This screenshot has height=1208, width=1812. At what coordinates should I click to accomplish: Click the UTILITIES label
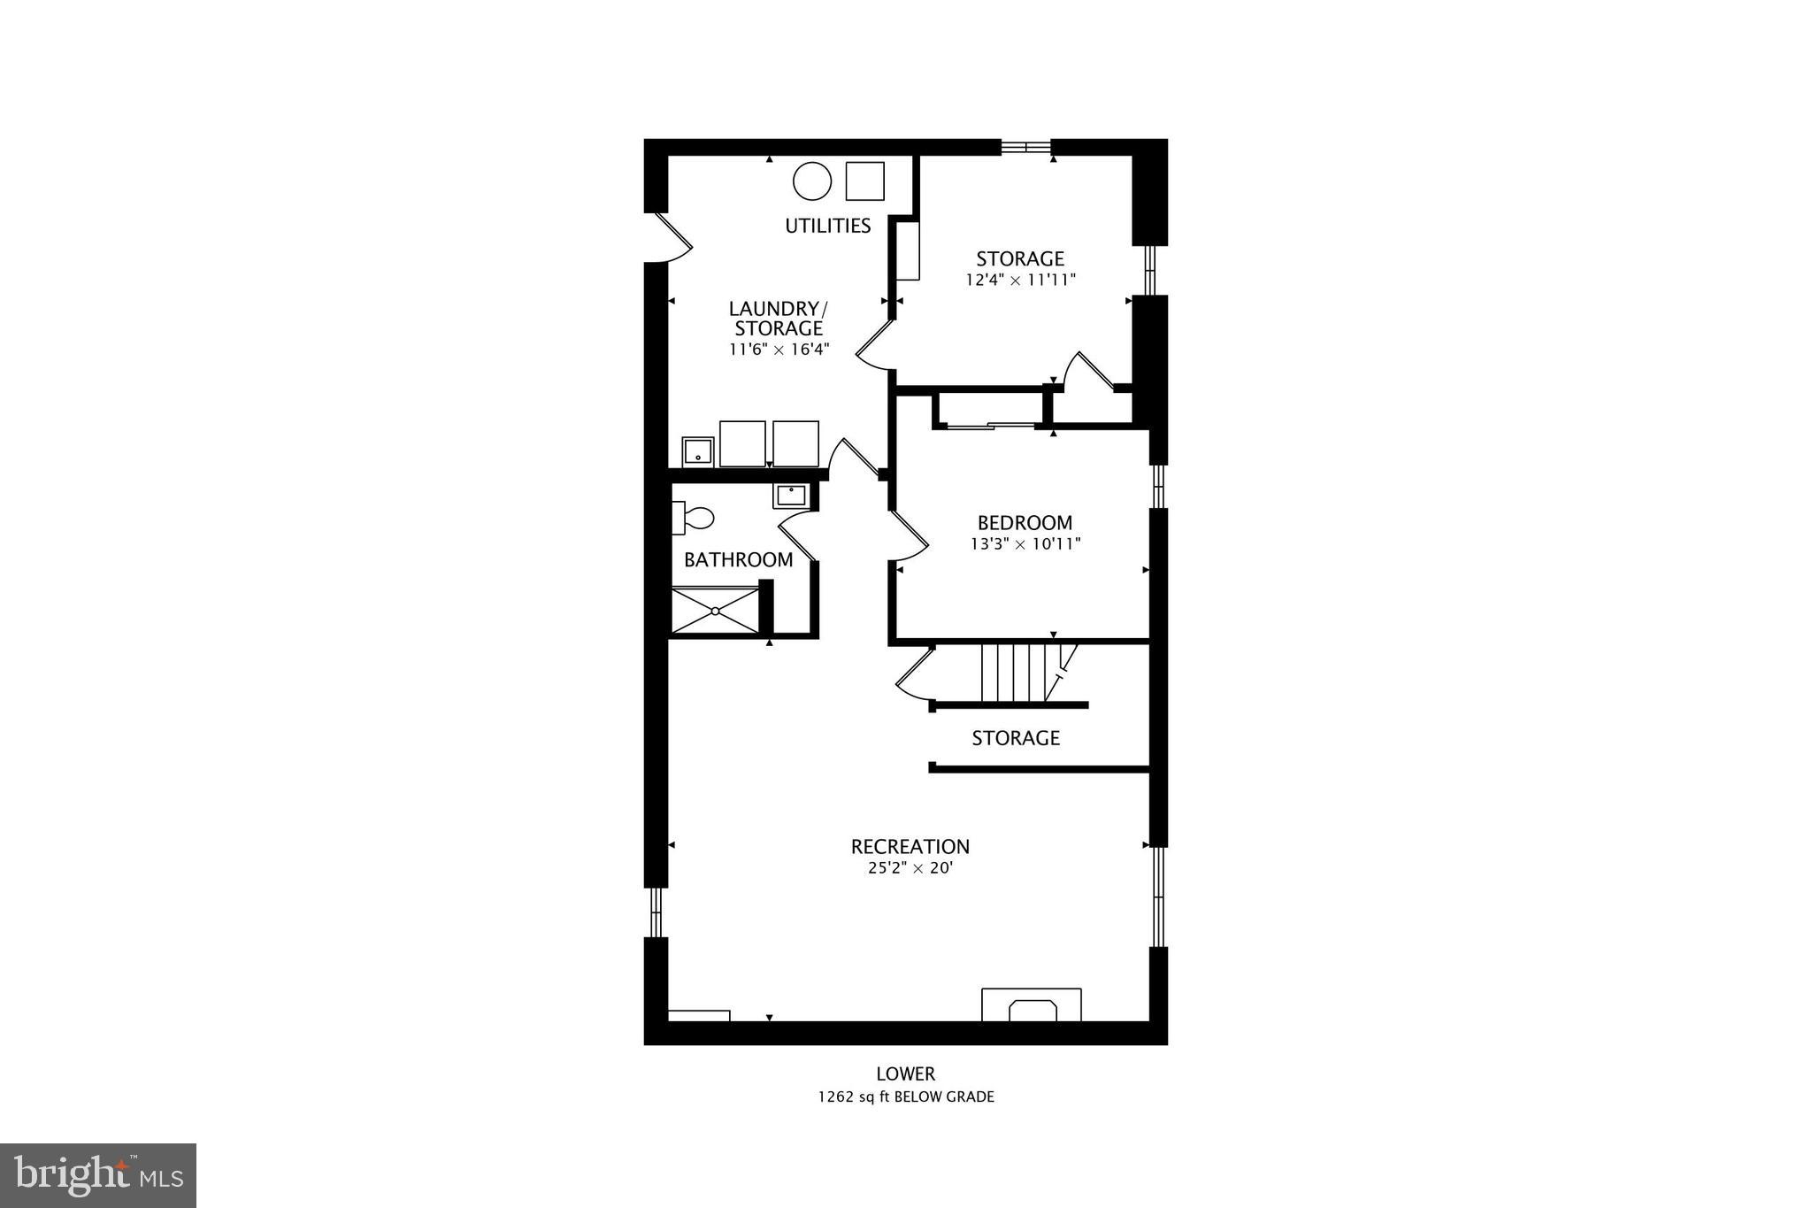click(x=827, y=226)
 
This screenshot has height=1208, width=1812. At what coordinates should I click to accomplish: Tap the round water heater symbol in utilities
click(x=811, y=181)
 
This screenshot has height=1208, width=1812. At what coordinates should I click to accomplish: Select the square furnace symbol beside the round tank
click(x=864, y=181)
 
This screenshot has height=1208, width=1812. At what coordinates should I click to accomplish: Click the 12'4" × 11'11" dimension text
click(x=1020, y=280)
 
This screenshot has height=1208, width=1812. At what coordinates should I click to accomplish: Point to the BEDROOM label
click(x=1025, y=522)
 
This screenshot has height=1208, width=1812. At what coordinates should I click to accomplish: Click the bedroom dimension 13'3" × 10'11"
click(x=1025, y=543)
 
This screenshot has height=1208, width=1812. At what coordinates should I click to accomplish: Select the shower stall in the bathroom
click(x=715, y=610)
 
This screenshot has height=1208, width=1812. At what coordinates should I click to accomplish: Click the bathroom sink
click(x=790, y=495)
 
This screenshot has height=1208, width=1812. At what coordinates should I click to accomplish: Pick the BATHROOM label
click(x=738, y=559)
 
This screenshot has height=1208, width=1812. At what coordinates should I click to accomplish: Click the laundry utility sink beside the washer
click(x=697, y=450)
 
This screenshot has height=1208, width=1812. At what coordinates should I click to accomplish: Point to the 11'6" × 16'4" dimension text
click(x=779, y=349)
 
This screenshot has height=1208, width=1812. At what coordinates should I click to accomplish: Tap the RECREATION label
click(x=910, y=846)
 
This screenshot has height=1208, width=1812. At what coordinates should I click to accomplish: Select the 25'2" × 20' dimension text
click(x=910, y=868)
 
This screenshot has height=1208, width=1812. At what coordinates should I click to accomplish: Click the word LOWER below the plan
click(x=905, y=1073)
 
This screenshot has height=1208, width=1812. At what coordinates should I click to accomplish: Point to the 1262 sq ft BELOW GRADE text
click(x=905, y=1096)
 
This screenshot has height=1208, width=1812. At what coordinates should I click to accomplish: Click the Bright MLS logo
click(x=98, y=1175)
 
